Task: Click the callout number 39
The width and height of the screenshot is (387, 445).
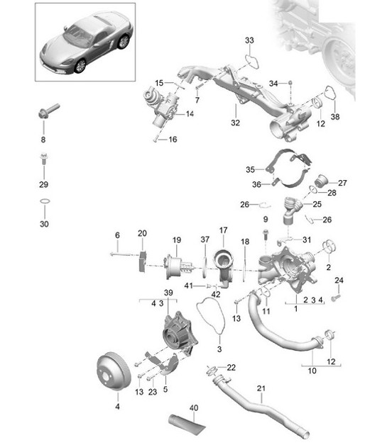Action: [x=168, y=292]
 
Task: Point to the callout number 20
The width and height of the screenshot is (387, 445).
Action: [x=142, y=233]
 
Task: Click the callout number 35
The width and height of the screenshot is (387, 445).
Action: [x=250, y=169]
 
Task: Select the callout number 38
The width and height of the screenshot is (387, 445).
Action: [x=336, y=118]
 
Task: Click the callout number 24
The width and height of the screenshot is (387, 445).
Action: [x=339, y=281]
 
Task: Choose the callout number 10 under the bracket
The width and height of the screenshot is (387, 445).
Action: [x=312, y=370]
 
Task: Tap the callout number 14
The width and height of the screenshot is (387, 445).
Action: [x=190, y=113]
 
